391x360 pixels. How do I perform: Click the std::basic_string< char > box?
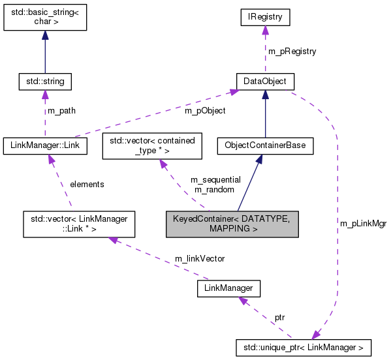tap(44, 20)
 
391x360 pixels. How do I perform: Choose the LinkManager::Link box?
tap(45, 145)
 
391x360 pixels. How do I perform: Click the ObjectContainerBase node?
tap(265, 145)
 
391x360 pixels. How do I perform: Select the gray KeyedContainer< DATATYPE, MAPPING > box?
tap(232, 223)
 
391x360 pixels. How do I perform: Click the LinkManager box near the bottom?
tap(228, 288)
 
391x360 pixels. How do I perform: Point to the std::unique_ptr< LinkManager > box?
tap(304, 346)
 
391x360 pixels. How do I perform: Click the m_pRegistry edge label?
tap(292, 51)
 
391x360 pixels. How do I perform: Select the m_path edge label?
tap(62, 111)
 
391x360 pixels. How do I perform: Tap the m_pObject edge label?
tap(205, 111)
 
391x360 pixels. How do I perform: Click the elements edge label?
tap(87, 184)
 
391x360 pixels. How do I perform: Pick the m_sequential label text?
tap(215, 179)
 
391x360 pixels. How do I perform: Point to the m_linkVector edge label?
tap(199, 258)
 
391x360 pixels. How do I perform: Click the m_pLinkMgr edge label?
tap(363, 223)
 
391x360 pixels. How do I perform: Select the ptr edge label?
tap(279, 317)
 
